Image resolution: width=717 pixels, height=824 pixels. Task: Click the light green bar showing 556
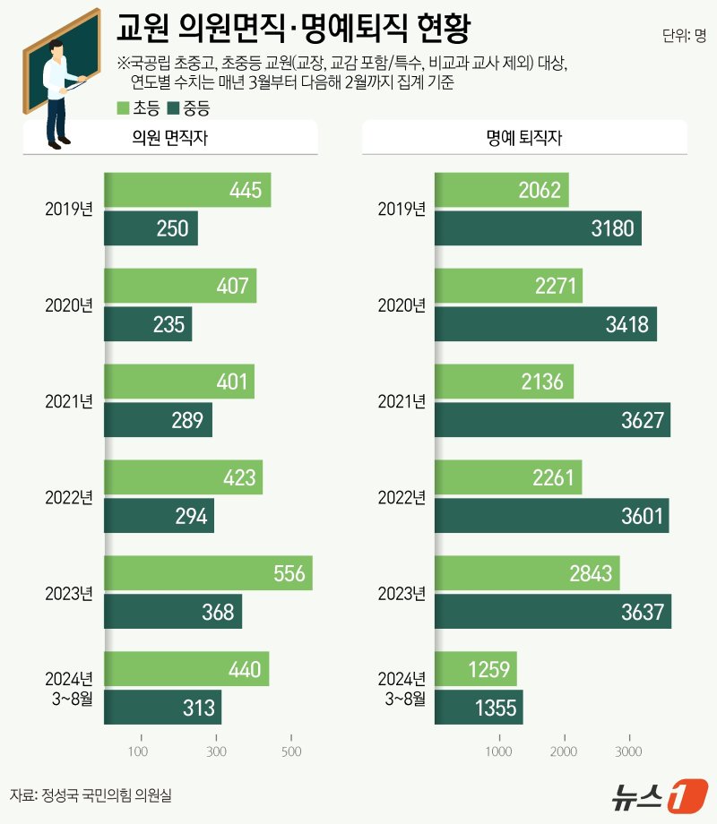coord(208,573)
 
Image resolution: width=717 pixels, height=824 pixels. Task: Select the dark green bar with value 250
coord(151,228)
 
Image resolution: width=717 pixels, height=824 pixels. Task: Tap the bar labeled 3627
coord(552,420)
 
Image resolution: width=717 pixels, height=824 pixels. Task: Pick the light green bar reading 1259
coord(476,669)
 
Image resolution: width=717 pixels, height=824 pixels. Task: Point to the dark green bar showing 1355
coord(479,708)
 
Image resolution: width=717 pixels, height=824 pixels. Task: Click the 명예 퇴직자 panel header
coord(524,138)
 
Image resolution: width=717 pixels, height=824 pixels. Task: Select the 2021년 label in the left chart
coord(69,401)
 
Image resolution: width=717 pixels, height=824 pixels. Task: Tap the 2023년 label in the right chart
coord(402,593)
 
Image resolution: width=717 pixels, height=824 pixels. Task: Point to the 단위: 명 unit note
coord(685,37)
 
